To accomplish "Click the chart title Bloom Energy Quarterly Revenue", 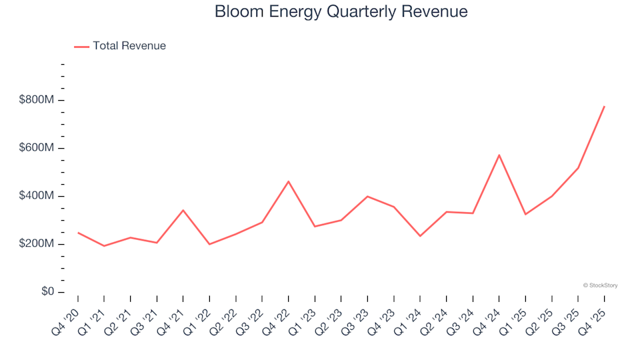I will pyautogui.click(x=341, y=12).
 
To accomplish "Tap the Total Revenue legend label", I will pyautogui.click(x=129, y=46).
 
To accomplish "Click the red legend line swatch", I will pyautogui.click(x=81, y=47).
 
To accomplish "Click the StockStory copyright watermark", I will pyautogui.click(x=600, y=285).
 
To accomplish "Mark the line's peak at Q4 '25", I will pyautogui.click(x=604, y=106).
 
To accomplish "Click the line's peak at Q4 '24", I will pyautogui.click(x=499, y=155).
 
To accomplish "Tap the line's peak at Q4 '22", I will pyautogui.click(x=288, y=181).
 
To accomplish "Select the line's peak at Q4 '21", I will pyautogui.click(x=183, y=210).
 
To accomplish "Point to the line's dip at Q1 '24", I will pyautogui.click(x=420, y=236).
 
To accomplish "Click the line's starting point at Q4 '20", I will pyautogui.click(x=78, y=233).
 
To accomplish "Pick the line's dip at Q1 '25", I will pyautogui.click(x=525, y=214).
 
